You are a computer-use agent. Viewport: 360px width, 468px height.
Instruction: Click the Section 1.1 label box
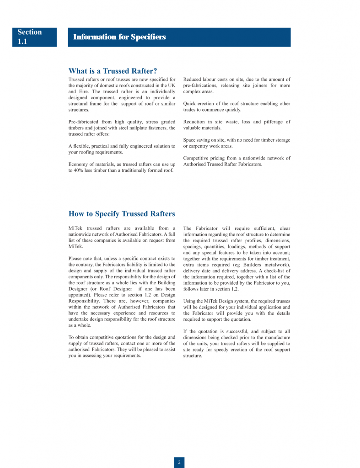click(x=35, y=37)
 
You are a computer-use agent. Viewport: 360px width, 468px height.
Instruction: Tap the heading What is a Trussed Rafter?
click(x=113, y=71)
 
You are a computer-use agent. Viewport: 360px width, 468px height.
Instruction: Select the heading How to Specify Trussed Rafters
click(x=121, y=214)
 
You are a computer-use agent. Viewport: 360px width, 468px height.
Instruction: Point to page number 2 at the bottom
click(x=179, y=462)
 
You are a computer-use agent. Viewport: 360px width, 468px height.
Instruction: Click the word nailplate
click(x=137, y=128)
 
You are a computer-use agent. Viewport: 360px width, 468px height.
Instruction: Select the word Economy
click(x=79, y=165)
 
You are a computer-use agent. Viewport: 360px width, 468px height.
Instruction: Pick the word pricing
click(x=218, y=159)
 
